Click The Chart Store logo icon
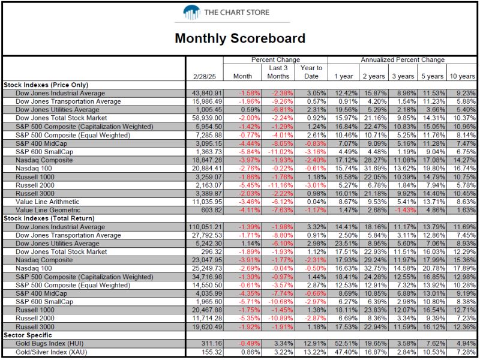click(191, 13)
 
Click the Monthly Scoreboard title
click(240, 38)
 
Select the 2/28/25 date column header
click(204, 77)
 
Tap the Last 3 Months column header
click(278, 72)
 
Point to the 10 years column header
click(462, 77)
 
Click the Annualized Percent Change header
click(403, 59)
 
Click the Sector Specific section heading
click(28, 335)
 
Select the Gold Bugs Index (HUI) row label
click(50, 343)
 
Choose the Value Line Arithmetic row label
click(47, 202)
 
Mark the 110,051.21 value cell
click(205, 227)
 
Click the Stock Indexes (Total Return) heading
click(49, 218)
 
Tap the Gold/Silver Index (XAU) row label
click(52, 352)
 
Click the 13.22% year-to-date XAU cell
click(313, 352)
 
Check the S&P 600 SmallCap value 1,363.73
click(208, 152)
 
